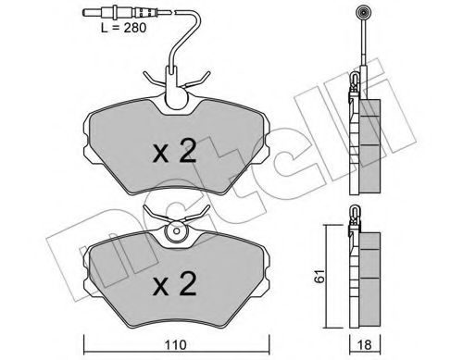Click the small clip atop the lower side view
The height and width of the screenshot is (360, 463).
[356, 217]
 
